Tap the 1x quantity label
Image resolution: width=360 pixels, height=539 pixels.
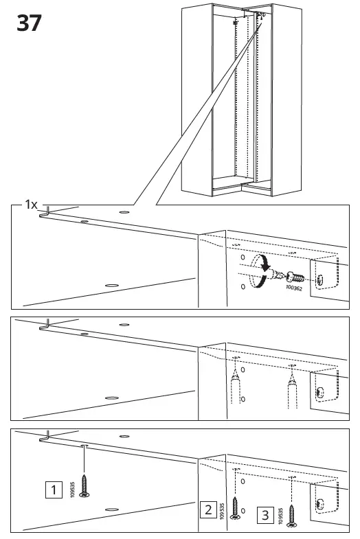pyautogui.click(x=31, y=205)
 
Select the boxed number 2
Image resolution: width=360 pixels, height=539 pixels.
pyautogui.click(x=207, y=509)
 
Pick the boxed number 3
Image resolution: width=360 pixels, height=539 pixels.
pyautogui.click(x=264, y=514)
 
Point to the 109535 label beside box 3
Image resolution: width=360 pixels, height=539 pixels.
pyautogui.click(x=280, y=515)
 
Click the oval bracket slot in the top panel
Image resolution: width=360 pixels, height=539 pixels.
pyautogui.click(x=322, y=279)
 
